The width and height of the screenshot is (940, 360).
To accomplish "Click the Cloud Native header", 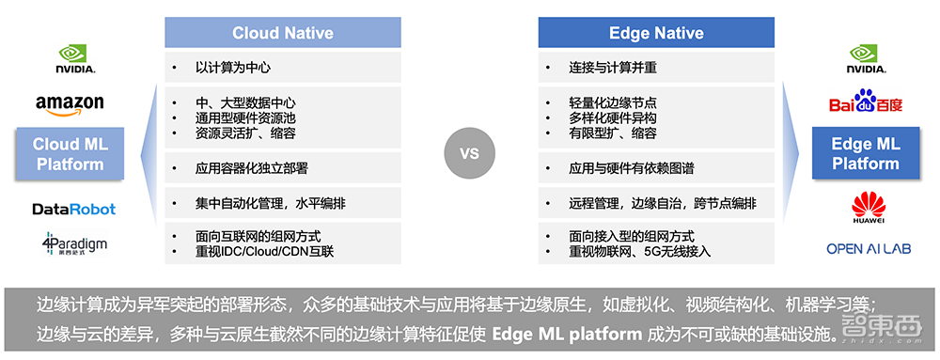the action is pyautogui.click(x=283, y=32).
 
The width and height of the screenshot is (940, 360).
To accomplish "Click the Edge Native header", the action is pyautogui.click(x=656, y=32).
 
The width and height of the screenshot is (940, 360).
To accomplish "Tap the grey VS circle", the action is pyautogui.click(x=470, y=153).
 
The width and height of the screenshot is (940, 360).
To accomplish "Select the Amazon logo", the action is pyautogui.click(x=70, y=105).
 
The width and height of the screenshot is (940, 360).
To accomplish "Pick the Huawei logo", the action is pyautogui.click(x=869, y=207).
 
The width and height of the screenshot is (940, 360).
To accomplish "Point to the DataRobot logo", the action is pyautogui.click(x=73, y=209).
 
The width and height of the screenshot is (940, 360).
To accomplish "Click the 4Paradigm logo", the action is pyautogui.click(x=74, y=243).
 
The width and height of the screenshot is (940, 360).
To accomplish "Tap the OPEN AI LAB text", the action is pyautogui.click(x=869, y=248).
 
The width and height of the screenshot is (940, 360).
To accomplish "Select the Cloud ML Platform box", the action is pyautogui.click(x=70, y=154).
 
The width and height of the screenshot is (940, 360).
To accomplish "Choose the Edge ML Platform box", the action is pyautogui.click(x=866, y=153).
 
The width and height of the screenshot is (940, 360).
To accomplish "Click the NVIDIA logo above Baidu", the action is pyautogui.click(x=866, y=58).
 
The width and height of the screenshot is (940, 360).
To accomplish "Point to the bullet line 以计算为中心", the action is pyautogui.click(x=232, y=68).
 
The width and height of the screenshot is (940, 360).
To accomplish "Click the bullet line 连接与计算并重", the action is pyautogui.click(x=613, y=68).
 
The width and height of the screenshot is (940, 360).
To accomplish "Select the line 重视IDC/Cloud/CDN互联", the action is pyautogui.click(x=264, y=252).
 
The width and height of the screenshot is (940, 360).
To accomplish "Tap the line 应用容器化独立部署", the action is pyautogui.click(x=251, y=169).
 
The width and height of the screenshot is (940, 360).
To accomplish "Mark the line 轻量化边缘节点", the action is pyautogui.click(x=613, y=103).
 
